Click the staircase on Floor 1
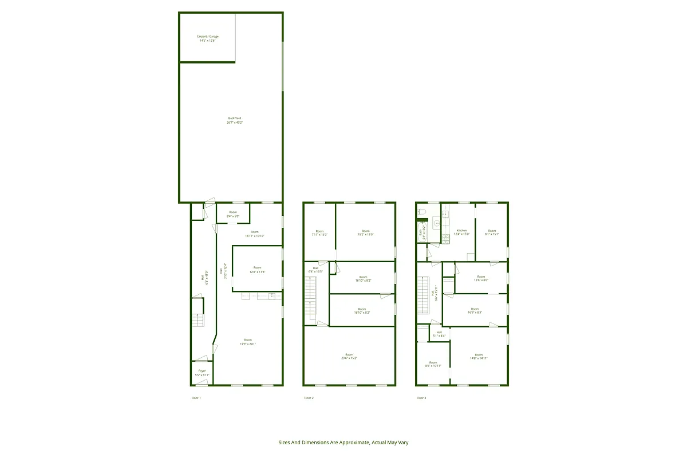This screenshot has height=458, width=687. pyautogui.click(x=198, y=320)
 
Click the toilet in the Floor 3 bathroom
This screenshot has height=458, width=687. pyautogui.click(x=423, y=212)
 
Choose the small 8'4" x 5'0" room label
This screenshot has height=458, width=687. pyautogui.click(x=232, y=214)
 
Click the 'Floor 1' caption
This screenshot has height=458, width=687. pyautogui.click(x=196, y=398)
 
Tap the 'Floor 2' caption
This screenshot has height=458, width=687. pyautogui.click(x=309, y=398)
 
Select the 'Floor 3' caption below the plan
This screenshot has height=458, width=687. pyautogui.click(x=421, y=398)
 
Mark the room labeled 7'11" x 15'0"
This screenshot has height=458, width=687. pyautogui.click(x=319, y=232)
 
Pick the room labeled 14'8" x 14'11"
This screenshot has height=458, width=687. pyautogui.click(x=479, y=356)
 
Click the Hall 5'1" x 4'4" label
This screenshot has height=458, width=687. pyautogui.click(x=439, y=334)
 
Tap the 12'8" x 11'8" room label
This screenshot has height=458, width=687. pyautogui.click(x=258, y=270)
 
